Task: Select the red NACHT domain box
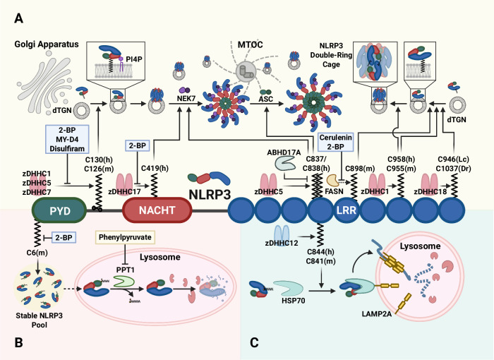pos(157,210)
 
